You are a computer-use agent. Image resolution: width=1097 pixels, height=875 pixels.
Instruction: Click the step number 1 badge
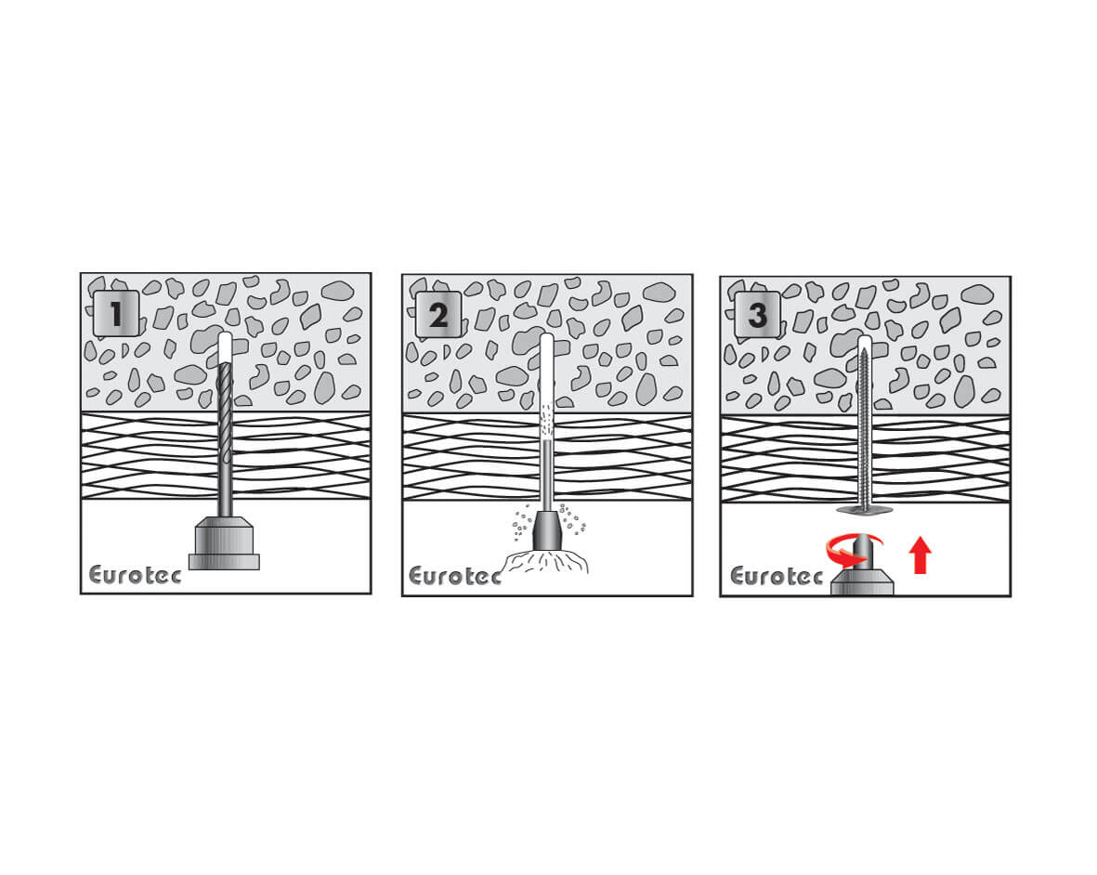point(116,313)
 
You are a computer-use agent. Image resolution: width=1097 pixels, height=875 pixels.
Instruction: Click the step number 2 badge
point(438,315)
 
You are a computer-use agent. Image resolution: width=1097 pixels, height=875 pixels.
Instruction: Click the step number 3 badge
point(758,315)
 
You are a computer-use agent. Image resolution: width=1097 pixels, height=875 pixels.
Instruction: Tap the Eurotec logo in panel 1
point(135,575)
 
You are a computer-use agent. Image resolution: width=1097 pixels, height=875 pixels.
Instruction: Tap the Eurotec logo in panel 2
point(455,576)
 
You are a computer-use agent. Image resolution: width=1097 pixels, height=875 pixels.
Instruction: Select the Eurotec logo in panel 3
point(777,576)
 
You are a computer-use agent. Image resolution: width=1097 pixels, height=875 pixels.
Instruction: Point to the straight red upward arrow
point(921,555)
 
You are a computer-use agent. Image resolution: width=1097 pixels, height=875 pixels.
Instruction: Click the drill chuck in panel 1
point(224,542)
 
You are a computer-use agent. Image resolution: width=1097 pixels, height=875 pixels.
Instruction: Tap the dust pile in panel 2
point(547,562)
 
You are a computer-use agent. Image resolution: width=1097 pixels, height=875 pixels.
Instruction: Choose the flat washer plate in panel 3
point(865,509)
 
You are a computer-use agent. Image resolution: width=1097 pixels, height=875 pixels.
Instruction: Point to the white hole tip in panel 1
point(225,346)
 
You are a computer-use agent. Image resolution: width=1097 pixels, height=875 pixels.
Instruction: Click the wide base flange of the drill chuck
point(224,562)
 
